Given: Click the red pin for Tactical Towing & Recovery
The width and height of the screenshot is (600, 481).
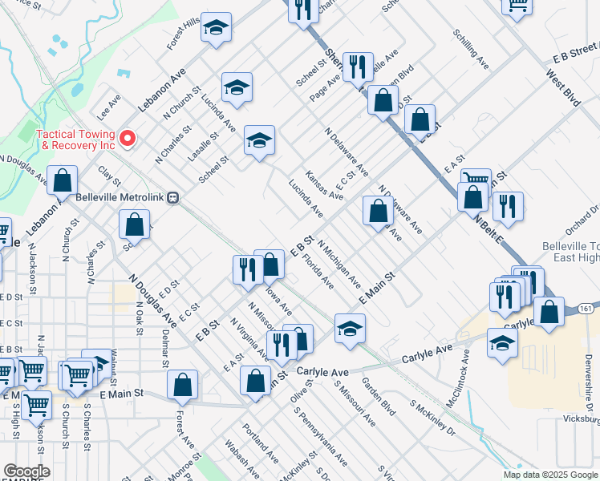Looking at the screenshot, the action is pyautogui.click(x=127, y=139).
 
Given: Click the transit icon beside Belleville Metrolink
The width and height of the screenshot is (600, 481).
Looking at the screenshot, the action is pyautogui.click(x=172, y=199).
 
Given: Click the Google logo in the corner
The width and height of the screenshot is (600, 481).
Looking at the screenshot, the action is pyautogui.click(x=26, y=471).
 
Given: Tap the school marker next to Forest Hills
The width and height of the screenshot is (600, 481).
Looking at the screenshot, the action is pyautogui.click(x=216, y=29).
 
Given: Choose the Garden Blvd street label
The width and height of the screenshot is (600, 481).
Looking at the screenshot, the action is pyautogui.click(x=379, y=396).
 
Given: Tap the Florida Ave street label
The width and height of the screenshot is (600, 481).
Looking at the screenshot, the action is pyautogui.click(x=318, y=273).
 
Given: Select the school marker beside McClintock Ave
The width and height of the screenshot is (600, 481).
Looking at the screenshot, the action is pyautogui.click(x=503, y=343).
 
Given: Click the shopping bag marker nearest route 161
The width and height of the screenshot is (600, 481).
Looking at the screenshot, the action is pyautogui.click(x=549, y=313).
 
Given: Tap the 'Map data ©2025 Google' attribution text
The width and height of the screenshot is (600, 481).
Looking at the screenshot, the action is pyautogui.click(x=550, y=475).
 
